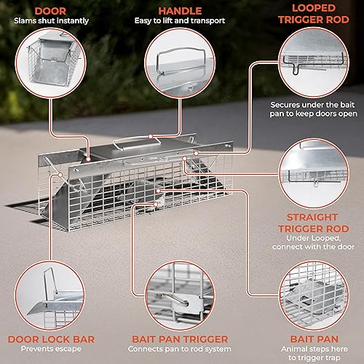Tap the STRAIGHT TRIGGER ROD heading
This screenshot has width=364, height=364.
coord(312,223)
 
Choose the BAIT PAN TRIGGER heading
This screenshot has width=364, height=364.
coord(181,339)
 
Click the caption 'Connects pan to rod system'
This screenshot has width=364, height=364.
coord(181,350)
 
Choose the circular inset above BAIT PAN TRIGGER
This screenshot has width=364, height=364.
coord(181,291)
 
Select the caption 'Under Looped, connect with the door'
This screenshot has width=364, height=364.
coord(312,245)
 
